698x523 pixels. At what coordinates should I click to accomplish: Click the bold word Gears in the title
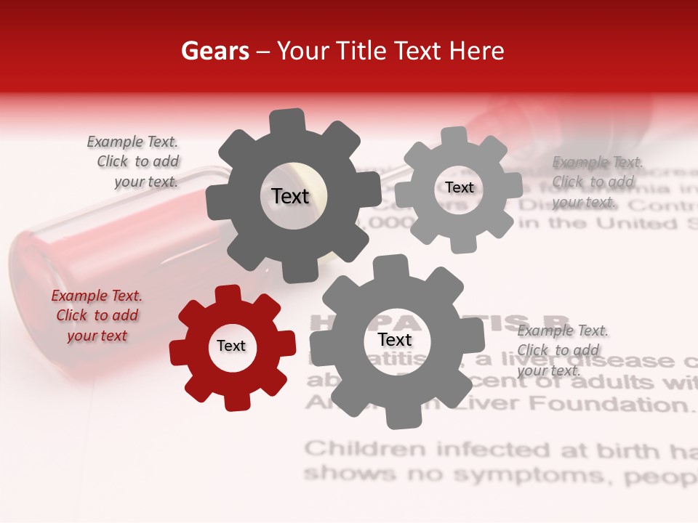214,51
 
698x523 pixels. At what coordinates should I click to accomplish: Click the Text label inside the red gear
231,346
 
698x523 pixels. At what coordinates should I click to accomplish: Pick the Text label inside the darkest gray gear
290,196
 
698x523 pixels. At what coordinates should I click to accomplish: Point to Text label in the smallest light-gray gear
459,187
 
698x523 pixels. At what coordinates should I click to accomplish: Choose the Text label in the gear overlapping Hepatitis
395,340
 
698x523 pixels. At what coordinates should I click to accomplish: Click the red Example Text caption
97,315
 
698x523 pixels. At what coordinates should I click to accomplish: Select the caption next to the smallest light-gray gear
597,182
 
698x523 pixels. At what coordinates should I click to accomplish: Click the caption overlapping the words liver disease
562,350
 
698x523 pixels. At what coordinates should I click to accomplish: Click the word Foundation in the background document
622,404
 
